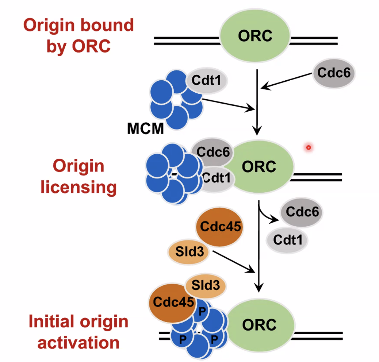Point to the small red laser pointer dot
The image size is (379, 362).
pos(309,147)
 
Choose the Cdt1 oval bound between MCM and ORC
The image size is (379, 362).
pos(216,178)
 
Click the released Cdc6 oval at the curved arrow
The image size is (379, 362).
pos(301,212)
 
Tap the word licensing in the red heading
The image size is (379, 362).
pos(79,187)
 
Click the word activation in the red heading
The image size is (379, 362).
pos(79,343)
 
